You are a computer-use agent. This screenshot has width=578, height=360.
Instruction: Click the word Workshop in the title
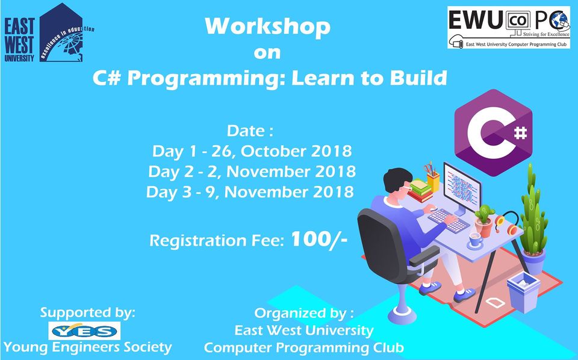click(267, 26)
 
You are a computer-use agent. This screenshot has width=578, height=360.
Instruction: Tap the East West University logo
click(48, 34)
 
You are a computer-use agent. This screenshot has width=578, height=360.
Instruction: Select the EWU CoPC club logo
click(509, 28)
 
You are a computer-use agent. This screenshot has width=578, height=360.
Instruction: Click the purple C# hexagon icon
click(493, 132)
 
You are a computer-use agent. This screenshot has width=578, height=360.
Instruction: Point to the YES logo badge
click(84, 331)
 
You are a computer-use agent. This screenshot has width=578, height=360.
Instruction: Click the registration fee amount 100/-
click(319, 240)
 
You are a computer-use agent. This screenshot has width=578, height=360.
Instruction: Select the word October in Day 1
click(273, 151)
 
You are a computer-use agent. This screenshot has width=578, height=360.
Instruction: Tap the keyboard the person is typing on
click(448, 220)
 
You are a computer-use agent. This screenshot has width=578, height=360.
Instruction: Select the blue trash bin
click(523, 292)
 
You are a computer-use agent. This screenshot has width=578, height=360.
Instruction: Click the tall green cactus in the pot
click(533, 214)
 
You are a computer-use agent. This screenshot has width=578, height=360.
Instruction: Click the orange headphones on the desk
click(507, 223)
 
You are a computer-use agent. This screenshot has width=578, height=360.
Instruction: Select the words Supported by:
click(88, 313)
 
